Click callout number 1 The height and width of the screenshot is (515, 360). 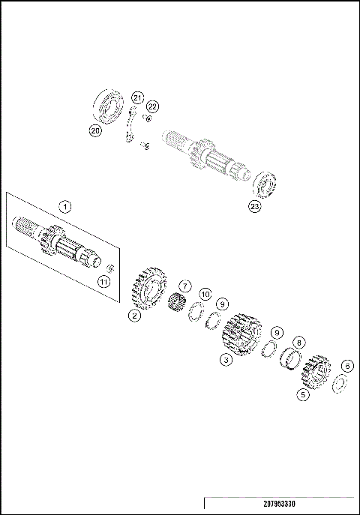65,205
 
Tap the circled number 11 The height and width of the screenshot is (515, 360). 104,281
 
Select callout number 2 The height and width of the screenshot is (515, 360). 133,316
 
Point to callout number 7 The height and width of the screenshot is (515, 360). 185,286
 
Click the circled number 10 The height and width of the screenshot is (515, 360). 205,295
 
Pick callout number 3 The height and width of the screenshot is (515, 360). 225,360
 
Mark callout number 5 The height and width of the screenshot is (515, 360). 303,393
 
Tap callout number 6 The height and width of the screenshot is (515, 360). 346,366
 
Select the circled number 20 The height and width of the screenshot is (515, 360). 95,130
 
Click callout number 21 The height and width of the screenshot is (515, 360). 136,98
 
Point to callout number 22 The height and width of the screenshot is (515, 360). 152,106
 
